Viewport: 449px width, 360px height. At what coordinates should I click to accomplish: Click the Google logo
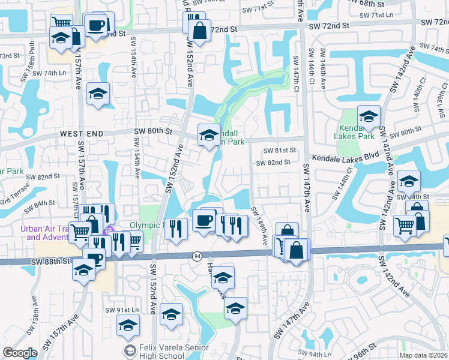[20, 353]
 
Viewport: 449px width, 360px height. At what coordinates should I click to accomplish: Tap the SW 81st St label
[276, 150]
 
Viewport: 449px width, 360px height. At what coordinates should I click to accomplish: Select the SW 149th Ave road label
[261, 225]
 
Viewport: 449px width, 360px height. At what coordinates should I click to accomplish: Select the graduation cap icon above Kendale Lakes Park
[369, 115]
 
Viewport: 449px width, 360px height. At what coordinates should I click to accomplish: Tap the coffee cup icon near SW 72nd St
[97, 26]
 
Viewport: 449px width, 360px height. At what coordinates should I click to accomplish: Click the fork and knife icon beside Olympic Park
[175, 227]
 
